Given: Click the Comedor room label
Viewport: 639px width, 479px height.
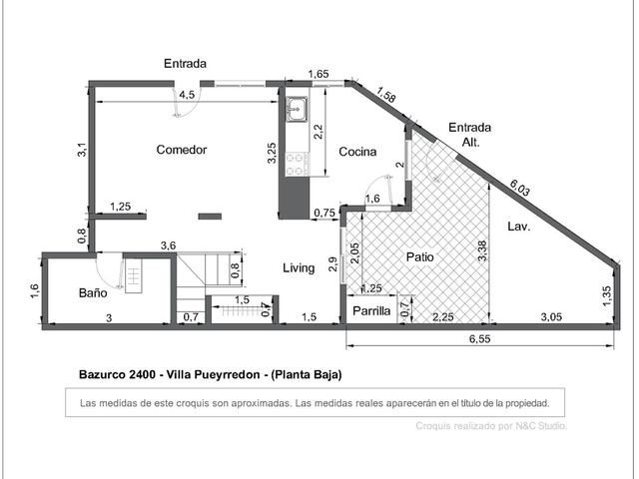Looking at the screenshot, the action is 182,150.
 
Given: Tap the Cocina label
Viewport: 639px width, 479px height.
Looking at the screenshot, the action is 357,152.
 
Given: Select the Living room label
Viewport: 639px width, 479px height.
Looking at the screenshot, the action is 299,268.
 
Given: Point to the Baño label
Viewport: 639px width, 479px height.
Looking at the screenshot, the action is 93,292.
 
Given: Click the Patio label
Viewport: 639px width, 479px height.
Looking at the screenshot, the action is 419,257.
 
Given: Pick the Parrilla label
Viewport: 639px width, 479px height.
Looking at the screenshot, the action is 371,310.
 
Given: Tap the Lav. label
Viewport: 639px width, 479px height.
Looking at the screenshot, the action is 519,227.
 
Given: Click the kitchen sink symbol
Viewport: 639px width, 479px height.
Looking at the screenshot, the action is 297,109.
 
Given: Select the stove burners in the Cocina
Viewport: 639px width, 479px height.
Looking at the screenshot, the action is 297,164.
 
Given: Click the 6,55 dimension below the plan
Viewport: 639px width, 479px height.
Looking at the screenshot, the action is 479,339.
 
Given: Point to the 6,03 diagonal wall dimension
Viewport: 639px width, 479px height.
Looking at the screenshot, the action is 519,188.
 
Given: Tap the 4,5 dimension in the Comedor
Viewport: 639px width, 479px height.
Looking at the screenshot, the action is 187,95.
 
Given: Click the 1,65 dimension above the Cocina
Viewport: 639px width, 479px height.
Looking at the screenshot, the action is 319,74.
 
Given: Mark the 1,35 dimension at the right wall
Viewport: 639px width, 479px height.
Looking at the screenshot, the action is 607,295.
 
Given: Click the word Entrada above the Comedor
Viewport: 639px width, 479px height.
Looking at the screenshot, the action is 185,64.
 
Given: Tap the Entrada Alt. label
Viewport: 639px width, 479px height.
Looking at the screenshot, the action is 470,135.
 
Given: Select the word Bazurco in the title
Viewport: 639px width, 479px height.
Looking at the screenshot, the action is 102,374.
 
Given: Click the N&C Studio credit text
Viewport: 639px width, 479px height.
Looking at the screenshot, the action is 541,426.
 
